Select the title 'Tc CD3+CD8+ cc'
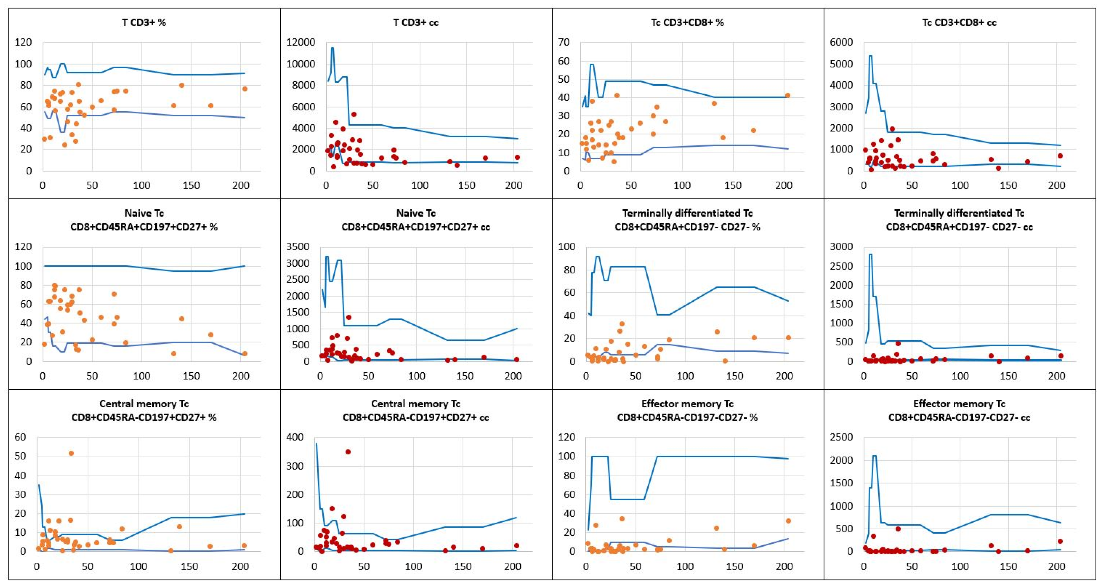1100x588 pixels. click(959, 23)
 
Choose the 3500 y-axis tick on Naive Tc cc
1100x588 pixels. click(298, 247)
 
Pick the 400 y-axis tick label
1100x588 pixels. click(295, 437)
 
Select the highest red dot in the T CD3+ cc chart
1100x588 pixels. click(354, 114)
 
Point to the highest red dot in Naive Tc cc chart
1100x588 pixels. click(348, 317)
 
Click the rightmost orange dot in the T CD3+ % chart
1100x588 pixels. click(245, 89)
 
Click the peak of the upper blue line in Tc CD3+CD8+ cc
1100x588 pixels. click(870, 56)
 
